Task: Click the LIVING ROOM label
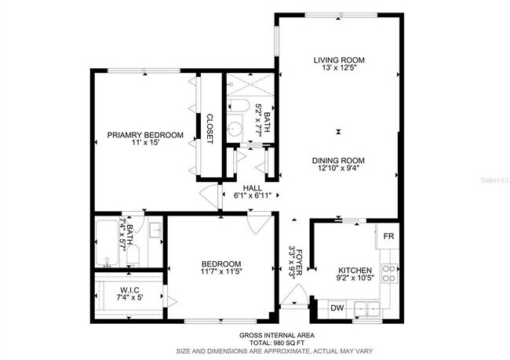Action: [x=340, y=60]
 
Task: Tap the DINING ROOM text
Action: [x=341, y=159]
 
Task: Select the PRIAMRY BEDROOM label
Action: [x=145, y=135]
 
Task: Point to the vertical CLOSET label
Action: [x=209, y=129]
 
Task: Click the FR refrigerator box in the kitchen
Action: [x=388, y=235]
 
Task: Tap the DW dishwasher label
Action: [x=337, y=307]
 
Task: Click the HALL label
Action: [x=252, y=187]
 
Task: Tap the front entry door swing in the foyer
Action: [x=293, y=299]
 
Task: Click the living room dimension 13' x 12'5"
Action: [x=340, y=69]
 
